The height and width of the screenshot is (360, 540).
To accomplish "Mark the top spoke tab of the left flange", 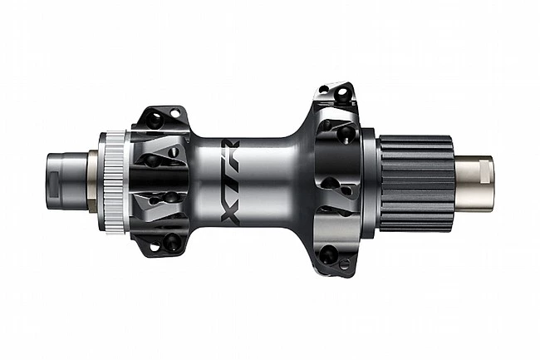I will [161, 117].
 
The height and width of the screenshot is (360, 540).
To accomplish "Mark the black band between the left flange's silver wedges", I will [162, 179].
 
